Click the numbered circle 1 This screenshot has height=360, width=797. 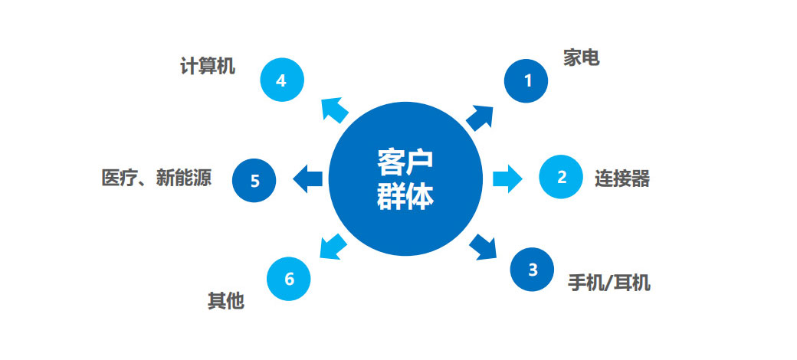[x=526, y=80]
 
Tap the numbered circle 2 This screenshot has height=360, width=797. [x=562, y=178]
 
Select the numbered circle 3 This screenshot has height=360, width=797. [x=533, y=270]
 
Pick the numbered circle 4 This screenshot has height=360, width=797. [x=281, y=80]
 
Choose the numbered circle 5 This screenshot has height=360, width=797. [x=255, y=181]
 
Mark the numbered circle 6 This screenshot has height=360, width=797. [x=289, y=279]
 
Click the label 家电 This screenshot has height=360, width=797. [x=582, y=58]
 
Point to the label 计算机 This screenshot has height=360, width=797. [x=208, y=67]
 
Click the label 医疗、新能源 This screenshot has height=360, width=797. [x=156, y=178]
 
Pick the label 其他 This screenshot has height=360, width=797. [x=226, y=300]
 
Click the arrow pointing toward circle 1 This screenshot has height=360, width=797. [x=480, y=118]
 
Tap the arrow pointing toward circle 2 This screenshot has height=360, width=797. [x=507, y=178]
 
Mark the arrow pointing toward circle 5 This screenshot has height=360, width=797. [x=309, y=178]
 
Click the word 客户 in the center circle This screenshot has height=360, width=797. [x=405, y=162]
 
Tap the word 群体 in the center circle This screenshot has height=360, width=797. [x=405, y=197]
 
